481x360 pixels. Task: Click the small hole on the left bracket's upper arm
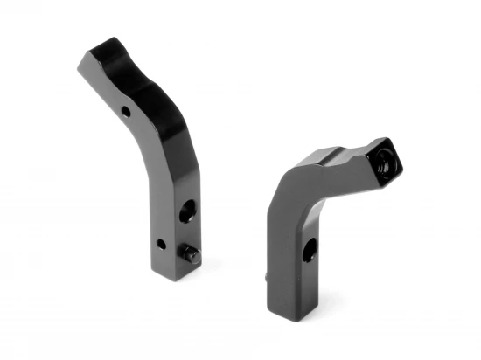pyautogui.click(x=126, y=112)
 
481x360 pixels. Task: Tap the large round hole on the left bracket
pyautogui.click(x=186, y=211)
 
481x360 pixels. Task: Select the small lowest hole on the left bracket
pyautogui.click(x=160, y=243)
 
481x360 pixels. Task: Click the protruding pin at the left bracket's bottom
pyautogui.click(x=191, y=253)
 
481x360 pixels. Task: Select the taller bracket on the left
pyautogui.click(x=153, y=157)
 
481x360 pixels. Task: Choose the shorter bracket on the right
pyautogui.click(x=315, y=218)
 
